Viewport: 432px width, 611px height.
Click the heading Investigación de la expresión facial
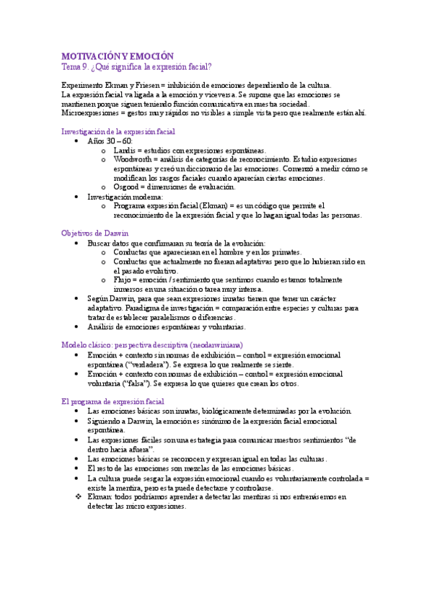pos(118,132)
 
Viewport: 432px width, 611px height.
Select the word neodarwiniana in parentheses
pos(219,344)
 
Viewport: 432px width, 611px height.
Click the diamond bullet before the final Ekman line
pos(79,496)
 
